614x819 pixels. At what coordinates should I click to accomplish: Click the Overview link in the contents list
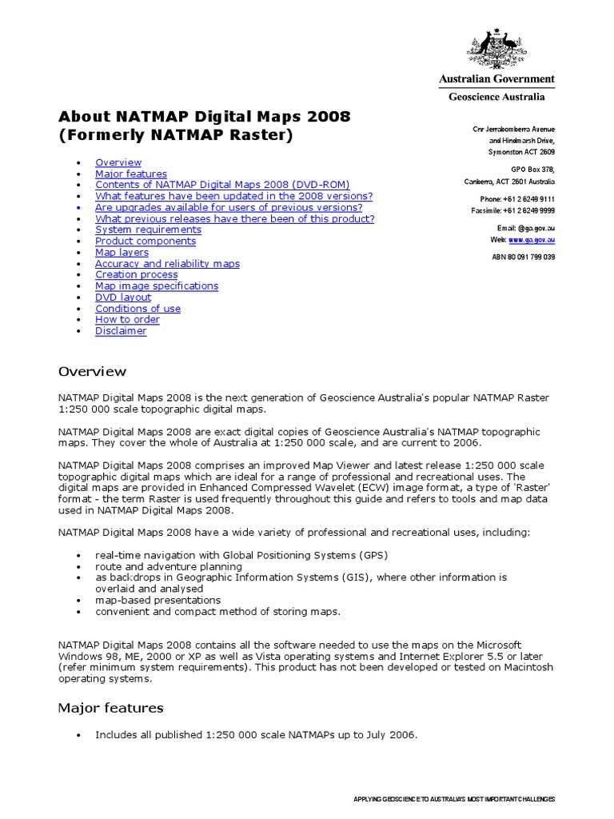[x=118, y=162]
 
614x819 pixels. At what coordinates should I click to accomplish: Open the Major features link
[x=131, y=174]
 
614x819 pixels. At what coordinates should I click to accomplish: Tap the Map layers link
[x=122, y=252]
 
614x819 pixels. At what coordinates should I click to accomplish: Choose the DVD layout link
[x=123, y=297]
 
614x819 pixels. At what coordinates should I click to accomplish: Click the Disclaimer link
[x=121, y=330]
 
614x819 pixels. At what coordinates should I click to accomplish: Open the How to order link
[x=127, y=319]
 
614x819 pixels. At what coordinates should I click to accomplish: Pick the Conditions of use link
[x=138, y=308]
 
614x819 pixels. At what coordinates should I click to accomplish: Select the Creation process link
[x=136, y=274]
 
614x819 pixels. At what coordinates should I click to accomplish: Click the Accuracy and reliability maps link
[x=167, y=263]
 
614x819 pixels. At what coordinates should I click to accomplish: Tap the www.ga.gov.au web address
[x=532, y=239]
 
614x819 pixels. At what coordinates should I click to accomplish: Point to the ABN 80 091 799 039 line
[x=523, y=257]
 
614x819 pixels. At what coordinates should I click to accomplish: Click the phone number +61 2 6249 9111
[x=528, y=198]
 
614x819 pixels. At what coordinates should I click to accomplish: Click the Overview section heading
[x=92, y=371]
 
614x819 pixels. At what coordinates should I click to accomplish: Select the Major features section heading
[x=110, y=708]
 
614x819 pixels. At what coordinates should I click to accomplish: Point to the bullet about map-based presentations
[x=157, y=600]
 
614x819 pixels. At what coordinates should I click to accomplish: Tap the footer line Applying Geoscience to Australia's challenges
[x=453, y=799]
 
